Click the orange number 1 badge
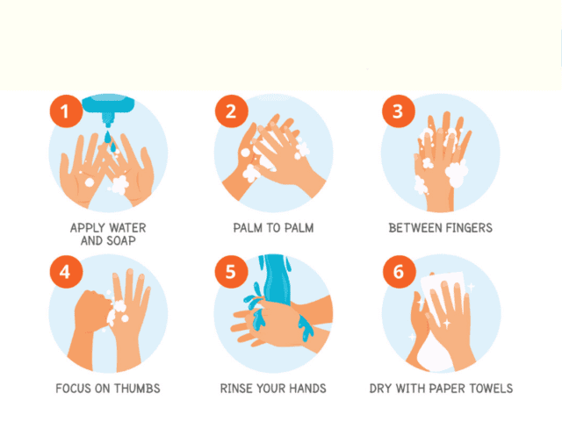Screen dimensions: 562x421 tap(66, 111)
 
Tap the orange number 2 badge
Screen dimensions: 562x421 tap(232, 111)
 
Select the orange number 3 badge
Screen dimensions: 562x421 tap(399, 111)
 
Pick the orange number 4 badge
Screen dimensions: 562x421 tap(66, 272)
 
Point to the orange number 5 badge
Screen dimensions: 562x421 tap(232, 272)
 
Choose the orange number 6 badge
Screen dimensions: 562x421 tap(400, 272)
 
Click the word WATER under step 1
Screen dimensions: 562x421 tap(127, 228)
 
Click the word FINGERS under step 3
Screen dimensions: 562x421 tap(467, 228)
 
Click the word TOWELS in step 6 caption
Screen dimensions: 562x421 tap(493, 389)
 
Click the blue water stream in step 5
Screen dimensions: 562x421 tap(275, 279)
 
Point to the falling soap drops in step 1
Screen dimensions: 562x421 tap(111, 141)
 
